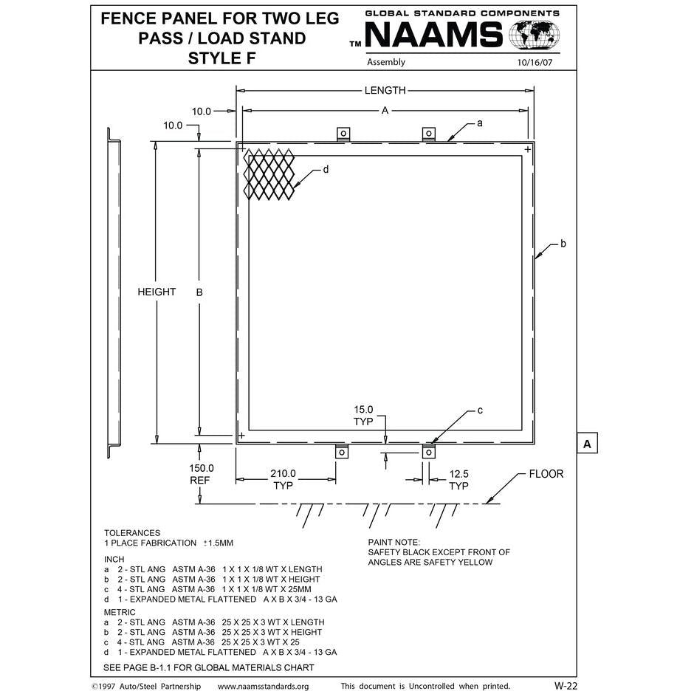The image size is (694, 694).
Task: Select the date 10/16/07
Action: click(535, 63)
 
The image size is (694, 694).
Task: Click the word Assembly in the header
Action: click(386, 63)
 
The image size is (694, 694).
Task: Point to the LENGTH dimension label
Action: click(385, 91)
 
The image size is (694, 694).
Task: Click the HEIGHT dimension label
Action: click(157, 292)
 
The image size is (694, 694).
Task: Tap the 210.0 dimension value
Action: click(283, 473)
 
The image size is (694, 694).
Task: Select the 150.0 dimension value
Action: click(201, 468)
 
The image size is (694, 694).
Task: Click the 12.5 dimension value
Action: click(458, 473)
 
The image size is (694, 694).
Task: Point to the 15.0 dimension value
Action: click(363, 409)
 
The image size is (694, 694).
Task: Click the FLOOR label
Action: click(546, 474)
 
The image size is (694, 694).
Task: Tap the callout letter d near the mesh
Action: click(326, 170)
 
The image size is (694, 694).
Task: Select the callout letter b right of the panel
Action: click(563, 243)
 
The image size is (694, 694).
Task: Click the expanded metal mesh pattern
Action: click(269, 174)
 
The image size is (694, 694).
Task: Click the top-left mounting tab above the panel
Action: click(343, 134)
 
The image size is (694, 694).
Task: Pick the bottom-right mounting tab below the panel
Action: click(428, 452)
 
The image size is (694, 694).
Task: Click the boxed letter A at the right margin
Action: click(587, 444)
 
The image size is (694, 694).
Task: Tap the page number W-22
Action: click(565, 685)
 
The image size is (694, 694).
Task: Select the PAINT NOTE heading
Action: click(394, 542)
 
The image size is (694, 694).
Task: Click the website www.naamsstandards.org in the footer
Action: click(264, 686)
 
